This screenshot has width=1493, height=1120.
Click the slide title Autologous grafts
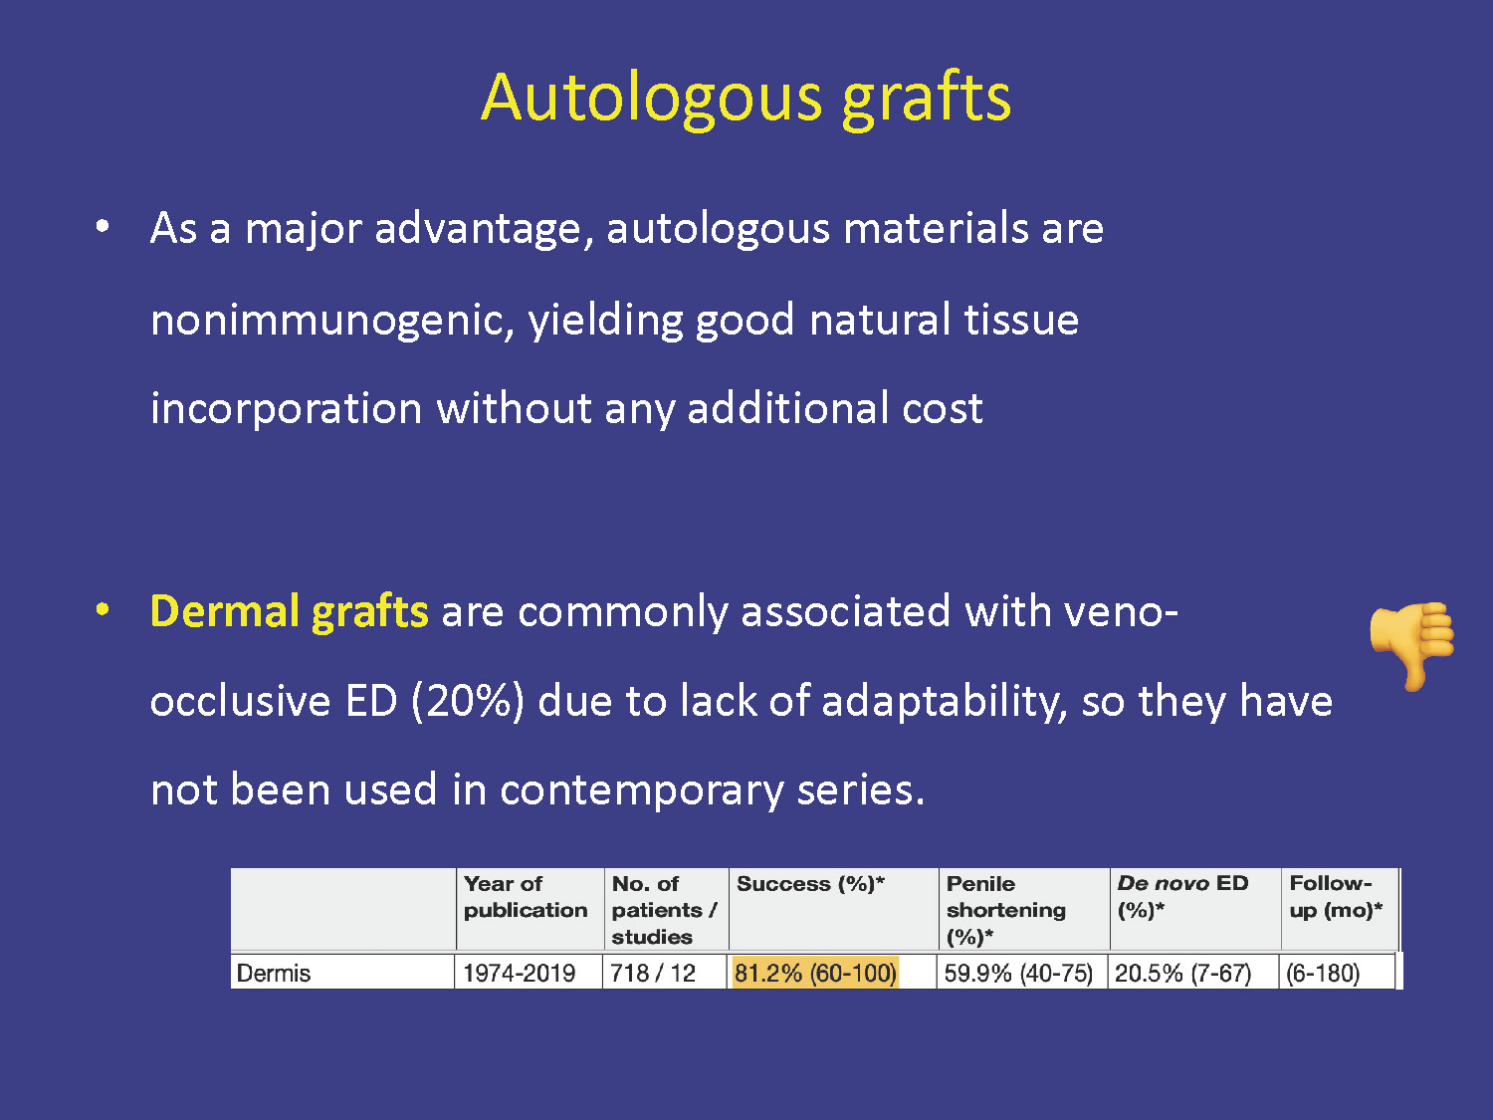point(746,100)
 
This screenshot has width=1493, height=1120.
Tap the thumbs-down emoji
point(1412,645)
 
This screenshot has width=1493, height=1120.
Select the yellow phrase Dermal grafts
point(289,612)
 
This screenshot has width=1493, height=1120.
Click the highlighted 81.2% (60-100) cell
point(815,973)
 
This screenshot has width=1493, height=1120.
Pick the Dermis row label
point(274,973)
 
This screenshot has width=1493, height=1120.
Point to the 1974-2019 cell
point(519,973)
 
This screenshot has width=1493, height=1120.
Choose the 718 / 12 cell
point(653,973)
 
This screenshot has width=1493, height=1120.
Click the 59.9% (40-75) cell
point(1018,973)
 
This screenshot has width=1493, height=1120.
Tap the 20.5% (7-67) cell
point(1182,973)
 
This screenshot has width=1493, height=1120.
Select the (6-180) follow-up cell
point(1322,973)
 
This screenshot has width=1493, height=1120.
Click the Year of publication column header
point(526,896)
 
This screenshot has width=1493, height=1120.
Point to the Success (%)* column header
point(810,883)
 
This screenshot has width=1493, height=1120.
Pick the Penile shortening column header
point(1006,910)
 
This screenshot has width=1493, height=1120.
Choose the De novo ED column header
point(1182,896)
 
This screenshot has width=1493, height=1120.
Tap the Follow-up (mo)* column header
point(1336,896)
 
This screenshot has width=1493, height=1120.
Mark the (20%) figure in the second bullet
point(468,701)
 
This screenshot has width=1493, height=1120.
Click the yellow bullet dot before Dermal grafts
point(103,608)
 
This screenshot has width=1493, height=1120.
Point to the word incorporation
point(287,409)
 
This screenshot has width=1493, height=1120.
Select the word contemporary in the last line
point(641,790)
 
